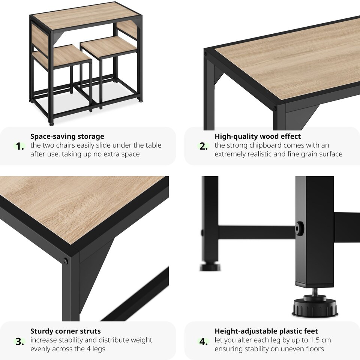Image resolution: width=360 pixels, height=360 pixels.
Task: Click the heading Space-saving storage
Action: pos(67,136)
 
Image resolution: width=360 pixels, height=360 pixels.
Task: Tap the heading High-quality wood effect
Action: pos(258,136)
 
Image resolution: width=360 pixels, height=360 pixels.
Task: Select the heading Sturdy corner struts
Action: pos(65,331)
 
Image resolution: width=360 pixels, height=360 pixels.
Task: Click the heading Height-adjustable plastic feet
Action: pos(266,331)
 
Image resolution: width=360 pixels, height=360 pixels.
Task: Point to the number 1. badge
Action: pos(20,146)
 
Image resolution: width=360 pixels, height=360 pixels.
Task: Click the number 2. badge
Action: pos(204,146)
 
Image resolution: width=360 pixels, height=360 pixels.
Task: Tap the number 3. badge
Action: pos(20,341)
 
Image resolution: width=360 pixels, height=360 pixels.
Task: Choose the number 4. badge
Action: pos(204,341)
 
